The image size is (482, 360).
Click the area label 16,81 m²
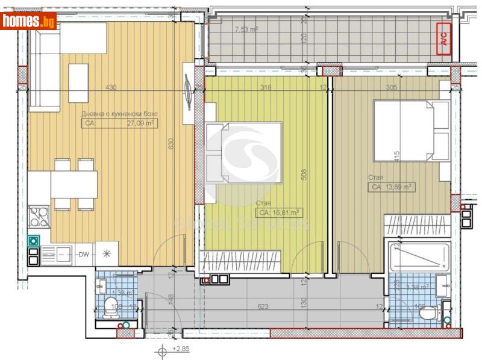[279, 213]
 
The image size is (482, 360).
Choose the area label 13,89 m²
[391, 187]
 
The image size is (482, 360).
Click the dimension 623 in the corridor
[263, 306]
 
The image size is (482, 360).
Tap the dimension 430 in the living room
[111, 87]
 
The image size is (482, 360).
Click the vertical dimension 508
[304, 174]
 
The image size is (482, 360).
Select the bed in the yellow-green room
[243, 154]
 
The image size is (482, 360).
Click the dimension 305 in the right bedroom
[391, 87]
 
